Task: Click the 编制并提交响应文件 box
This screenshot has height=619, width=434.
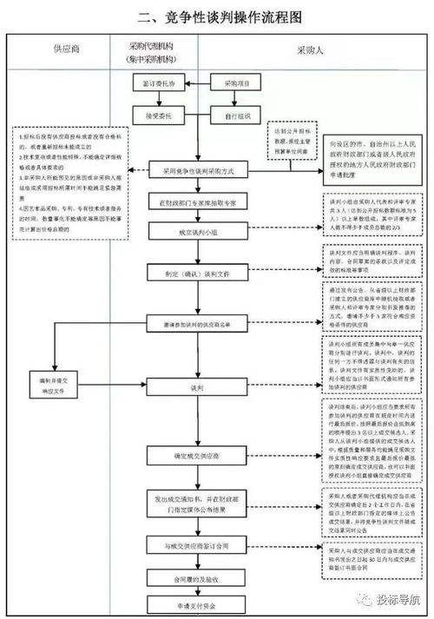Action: [x=60, y=385]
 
